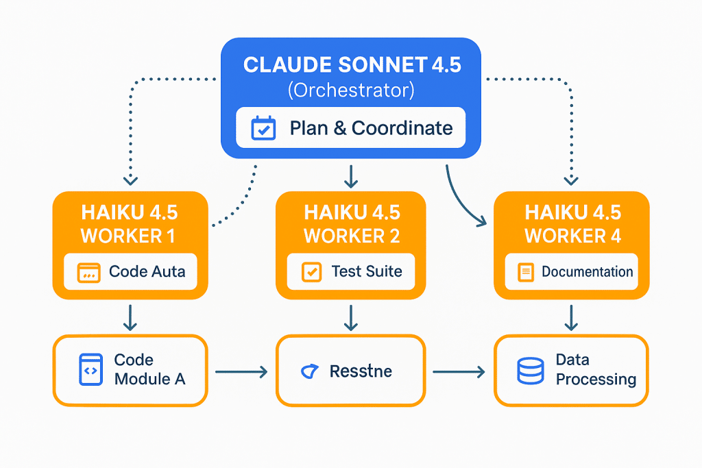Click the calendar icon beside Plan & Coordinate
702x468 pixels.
[263, 127]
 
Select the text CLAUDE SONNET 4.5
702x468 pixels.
[352, 65]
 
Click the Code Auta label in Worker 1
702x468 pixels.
[147, 271]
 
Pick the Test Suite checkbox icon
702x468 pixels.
[311, 271]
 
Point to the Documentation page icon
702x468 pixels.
[526, 272]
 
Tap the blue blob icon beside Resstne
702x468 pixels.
[310, 371]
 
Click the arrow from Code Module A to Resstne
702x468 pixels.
[241, 372]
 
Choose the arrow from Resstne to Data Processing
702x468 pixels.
[459, 372]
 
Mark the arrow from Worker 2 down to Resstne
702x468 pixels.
[351, 317]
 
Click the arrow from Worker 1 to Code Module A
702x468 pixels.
[130, 317]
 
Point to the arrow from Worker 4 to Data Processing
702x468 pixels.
[570, 317]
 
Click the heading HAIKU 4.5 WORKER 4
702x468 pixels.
[572, 223]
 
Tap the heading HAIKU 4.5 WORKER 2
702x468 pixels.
[352, 223]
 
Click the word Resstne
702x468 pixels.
[361, 371]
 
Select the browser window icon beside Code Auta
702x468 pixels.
[87, 272]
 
